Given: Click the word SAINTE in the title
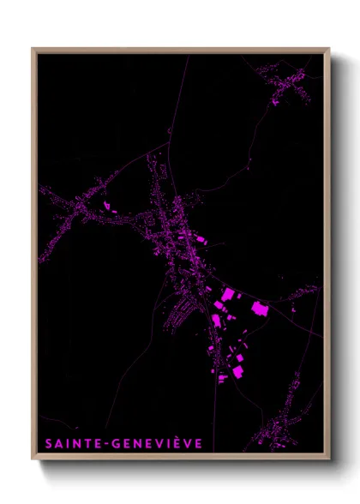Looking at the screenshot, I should tap(71, 443).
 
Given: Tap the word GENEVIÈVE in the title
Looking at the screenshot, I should tap(156, 443).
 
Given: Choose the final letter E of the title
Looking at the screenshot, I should tap(198, 443).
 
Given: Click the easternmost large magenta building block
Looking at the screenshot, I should tap(259, 309).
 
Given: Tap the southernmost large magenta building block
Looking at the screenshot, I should tap(224, 376).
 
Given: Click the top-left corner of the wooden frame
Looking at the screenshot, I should tap(33, 49).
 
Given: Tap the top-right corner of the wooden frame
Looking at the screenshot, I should tap(328, 49).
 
